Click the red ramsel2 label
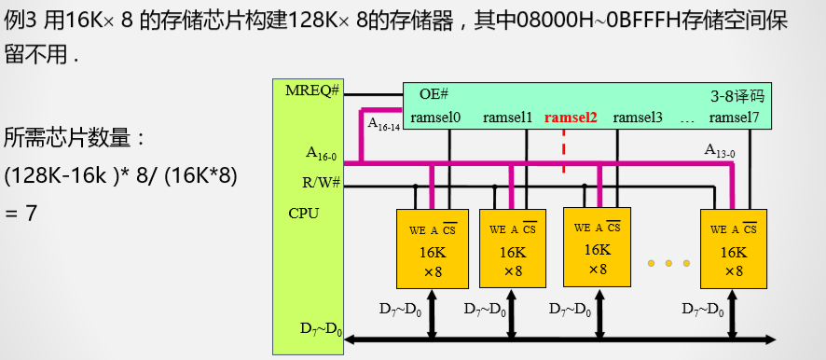point(571,118)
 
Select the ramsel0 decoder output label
point(435,118)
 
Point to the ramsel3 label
point(638,118)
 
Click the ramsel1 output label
point(507,118)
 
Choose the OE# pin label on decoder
point(434,94)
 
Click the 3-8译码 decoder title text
point(737,94)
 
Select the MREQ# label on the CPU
point(312,90)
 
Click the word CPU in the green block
point(304,214)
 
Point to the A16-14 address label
point(383,123)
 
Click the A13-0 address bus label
point(719,149)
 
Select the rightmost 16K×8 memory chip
point(734,250)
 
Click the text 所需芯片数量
point(75,139)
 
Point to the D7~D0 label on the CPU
point(321,328)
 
